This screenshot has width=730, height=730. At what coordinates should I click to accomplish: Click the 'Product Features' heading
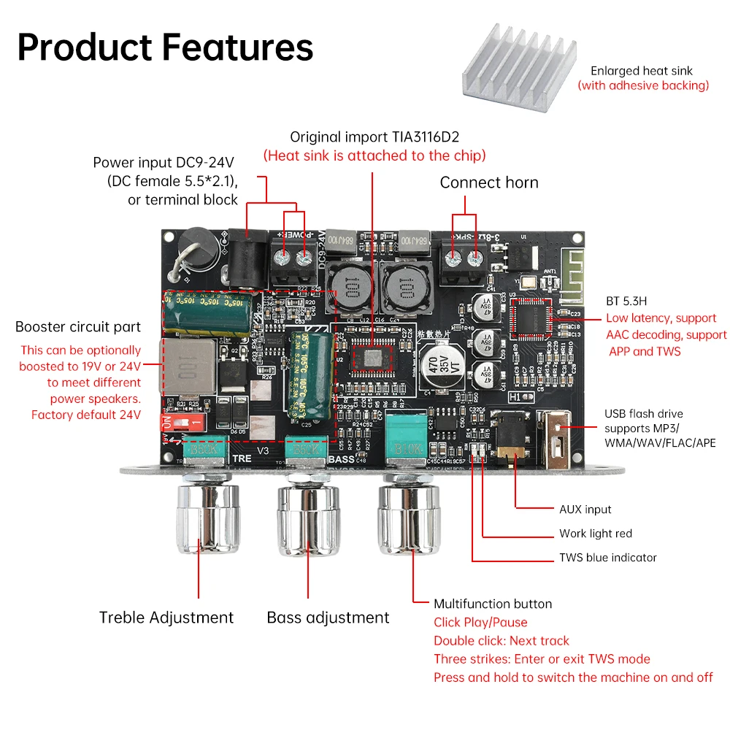(x=165, y=47)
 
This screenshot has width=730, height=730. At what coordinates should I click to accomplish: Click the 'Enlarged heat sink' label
(x=642, y=71)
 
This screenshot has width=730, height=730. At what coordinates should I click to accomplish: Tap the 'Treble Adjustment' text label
(x=166, y=618)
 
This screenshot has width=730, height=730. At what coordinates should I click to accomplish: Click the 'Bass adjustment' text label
(x=328, y=618)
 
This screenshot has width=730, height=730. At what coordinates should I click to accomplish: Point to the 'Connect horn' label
(x=488, y=182)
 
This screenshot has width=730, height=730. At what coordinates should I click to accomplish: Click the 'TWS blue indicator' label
(x=607, y=557)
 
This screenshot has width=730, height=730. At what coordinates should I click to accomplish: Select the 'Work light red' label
(x=595, y=533)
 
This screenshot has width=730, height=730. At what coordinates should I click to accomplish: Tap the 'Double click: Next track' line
(x=501, y=640)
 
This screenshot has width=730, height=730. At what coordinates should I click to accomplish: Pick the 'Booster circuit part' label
(x=78, y=326)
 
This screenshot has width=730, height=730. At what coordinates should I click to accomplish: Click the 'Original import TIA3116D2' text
(x=374, y=137)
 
